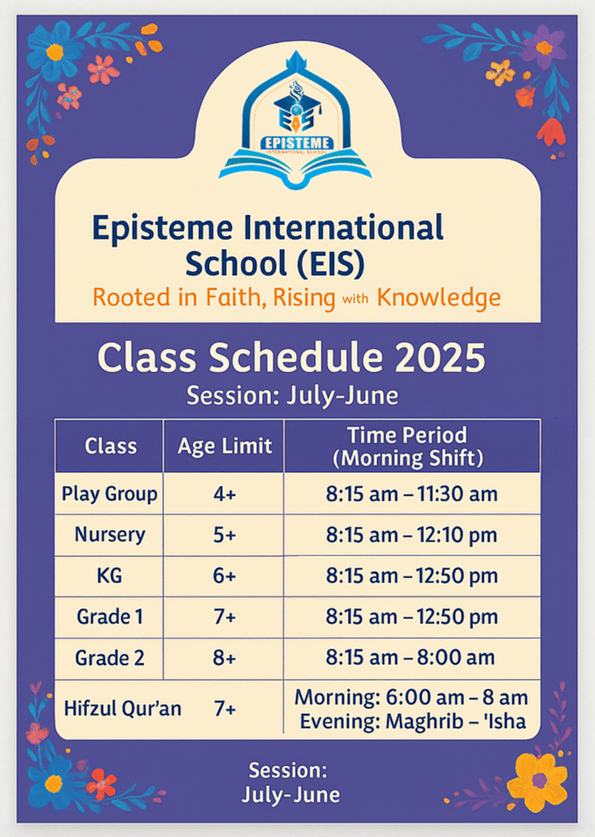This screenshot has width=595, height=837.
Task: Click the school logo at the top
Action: [x=295, y=121]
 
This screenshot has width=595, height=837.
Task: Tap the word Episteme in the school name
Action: [x=163, y=228]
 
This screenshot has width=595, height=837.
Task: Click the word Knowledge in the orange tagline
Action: [x=439, y=298]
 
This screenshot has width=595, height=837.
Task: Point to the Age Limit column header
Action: [x=225, y=446]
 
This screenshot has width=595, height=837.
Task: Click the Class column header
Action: [x=110, y=445]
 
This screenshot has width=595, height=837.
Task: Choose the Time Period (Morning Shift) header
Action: [x=408, y=446]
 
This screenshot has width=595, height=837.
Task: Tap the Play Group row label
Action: [x=110, y=495]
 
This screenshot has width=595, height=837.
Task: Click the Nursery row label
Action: [x=110, y=535]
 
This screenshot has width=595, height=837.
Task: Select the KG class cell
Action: [x=110, y=576]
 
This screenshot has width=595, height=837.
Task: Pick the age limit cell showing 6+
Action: [x=225, y=576]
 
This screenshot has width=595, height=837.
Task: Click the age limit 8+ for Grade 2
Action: [x=225, y=658]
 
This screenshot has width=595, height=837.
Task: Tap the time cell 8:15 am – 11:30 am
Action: [x=412, y=495]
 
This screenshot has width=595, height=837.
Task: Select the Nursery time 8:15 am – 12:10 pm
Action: [x=412, y=535]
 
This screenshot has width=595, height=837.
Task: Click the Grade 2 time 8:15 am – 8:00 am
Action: [x=410, y=658]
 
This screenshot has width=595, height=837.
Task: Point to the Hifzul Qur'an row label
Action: [x=123, y=709]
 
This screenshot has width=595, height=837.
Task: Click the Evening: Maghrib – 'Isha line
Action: [x=413, y=722]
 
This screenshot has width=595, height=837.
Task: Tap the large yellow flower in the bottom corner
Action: [x=537, y=782]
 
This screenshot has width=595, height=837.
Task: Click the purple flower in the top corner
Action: [x=544, y=47]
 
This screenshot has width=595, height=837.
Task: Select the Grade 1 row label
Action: [x=110, y=617]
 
